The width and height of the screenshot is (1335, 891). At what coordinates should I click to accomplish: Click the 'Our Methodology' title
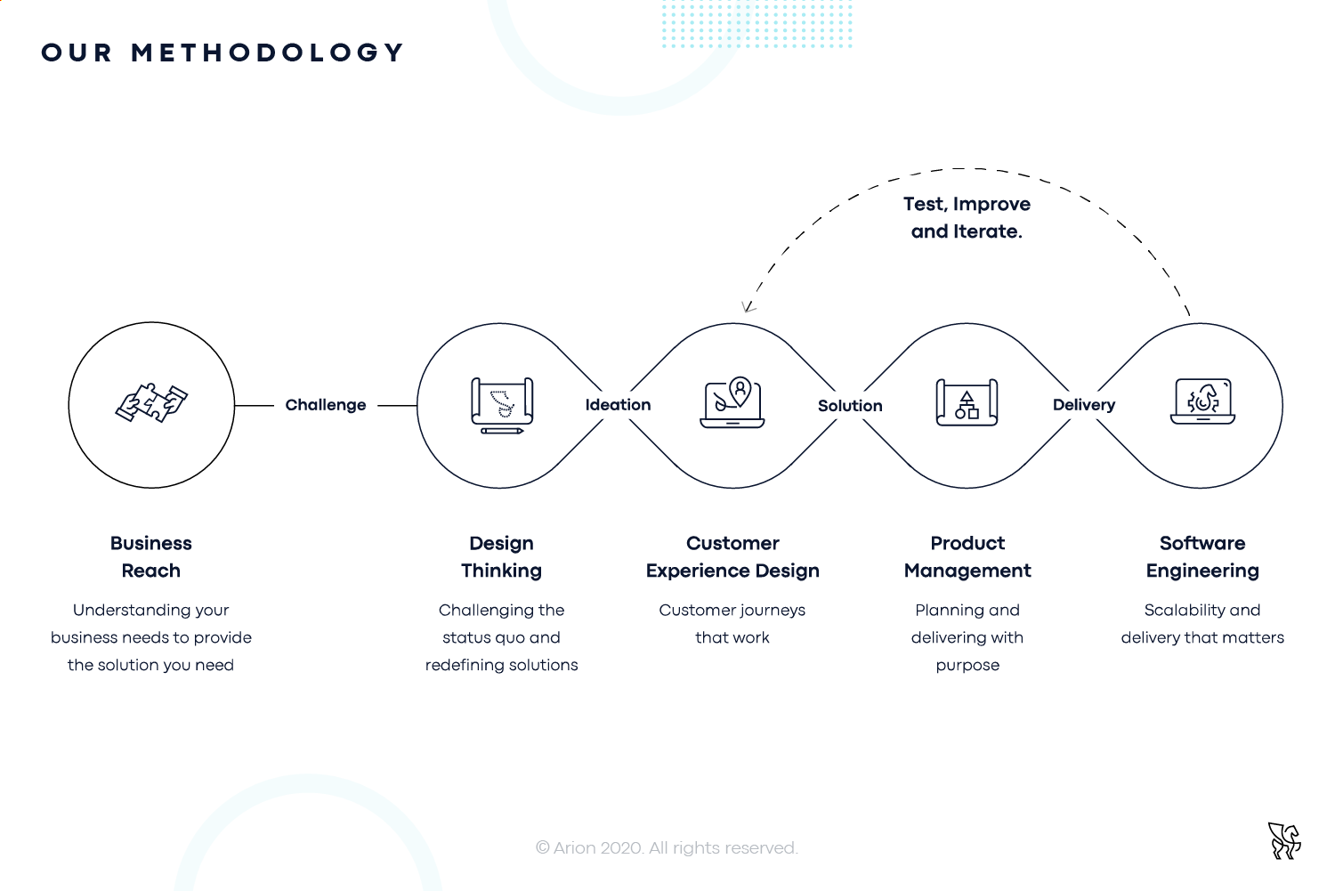click(222, 53)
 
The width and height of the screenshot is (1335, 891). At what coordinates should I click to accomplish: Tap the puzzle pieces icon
click(151, 403)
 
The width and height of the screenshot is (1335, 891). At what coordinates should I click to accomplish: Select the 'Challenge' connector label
click(326, 405)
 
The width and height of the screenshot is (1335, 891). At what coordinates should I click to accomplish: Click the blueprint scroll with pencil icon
click(502, 405)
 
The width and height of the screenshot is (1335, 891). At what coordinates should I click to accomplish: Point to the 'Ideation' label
click(618, 405)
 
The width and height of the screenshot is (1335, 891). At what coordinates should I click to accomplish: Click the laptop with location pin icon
click(732, 401)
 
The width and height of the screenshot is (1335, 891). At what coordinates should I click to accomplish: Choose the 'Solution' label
click(850, 406)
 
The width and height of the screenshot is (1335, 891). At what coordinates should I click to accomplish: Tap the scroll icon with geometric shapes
click(967, 402)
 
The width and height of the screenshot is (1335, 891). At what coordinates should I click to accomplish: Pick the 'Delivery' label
click(1084, 405)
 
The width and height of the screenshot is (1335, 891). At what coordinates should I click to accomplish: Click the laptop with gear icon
click(1202, 401)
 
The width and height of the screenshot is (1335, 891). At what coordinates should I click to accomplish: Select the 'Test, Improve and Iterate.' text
click(967, 217)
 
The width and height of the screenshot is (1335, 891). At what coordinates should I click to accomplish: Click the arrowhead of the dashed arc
click(748, 307)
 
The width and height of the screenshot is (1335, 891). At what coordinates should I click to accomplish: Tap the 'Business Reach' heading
click(150, 556)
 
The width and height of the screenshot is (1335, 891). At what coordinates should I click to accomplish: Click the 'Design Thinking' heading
click(501, 556)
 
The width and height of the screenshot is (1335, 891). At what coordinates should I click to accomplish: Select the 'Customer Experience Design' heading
click(732, 556)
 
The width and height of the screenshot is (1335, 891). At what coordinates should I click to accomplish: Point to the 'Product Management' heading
click(967, 556)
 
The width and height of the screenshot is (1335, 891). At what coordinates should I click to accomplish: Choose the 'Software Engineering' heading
click(1202, 556)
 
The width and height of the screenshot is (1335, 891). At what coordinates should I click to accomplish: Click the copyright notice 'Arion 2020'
click(667, 847)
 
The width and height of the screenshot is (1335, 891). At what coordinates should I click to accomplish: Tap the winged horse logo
click(1284, 841)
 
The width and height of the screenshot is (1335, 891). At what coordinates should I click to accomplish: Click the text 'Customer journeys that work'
click(732, 624)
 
